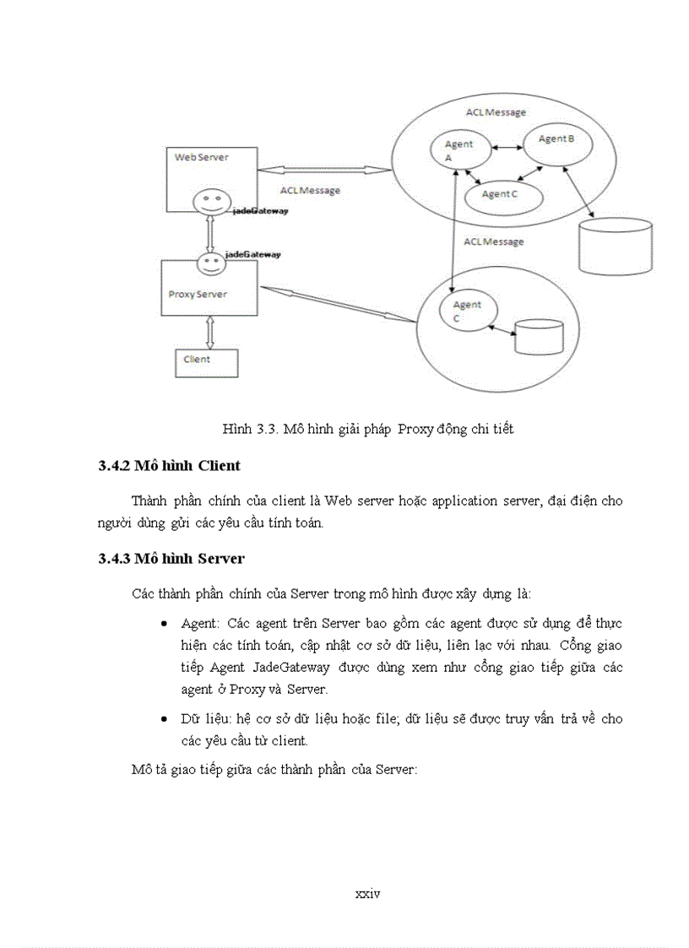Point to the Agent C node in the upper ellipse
(x=502, y=195)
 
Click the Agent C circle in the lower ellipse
(x=465, y=311)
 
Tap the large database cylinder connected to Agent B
(x=616, y=246)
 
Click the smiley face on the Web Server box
(x=207, y=203)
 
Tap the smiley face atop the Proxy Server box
(x=211, y=263)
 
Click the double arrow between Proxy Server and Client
(x=210, y=333)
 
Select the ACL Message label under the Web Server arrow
(x=310, y=191)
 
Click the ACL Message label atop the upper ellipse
(x=496, y=112)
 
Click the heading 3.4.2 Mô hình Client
(x=170, y=465)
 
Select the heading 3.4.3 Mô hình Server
(x=171, y=558)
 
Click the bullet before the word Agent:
(x=163, y=623)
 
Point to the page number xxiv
(x=368, y=891)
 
